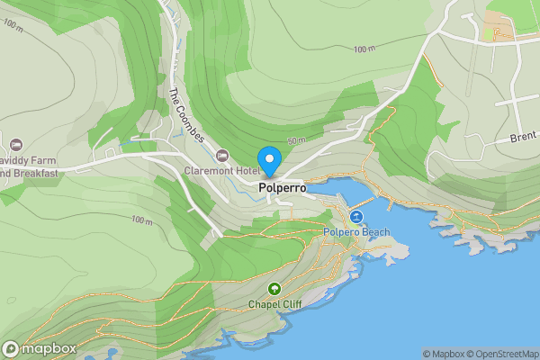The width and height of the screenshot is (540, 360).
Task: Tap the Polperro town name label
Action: (x=282, y=188)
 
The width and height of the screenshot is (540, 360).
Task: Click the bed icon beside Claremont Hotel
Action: (x=221, y=157)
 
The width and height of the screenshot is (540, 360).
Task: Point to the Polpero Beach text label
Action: (x=357, y=232)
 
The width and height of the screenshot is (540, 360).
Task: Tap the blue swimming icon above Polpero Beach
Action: (x=357, y=217)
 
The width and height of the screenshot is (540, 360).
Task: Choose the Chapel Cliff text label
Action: (x=274, y=304)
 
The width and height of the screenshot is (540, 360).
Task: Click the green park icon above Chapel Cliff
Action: (x=274, y=289)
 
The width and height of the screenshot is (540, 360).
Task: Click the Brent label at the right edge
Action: (x=524, y=137)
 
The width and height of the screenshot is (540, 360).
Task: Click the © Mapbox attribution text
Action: (x=445, y=354)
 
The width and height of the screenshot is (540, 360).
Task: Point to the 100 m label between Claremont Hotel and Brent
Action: (x=364, y=49)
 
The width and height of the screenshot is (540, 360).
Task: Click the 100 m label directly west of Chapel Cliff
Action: (x=141, y=220)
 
